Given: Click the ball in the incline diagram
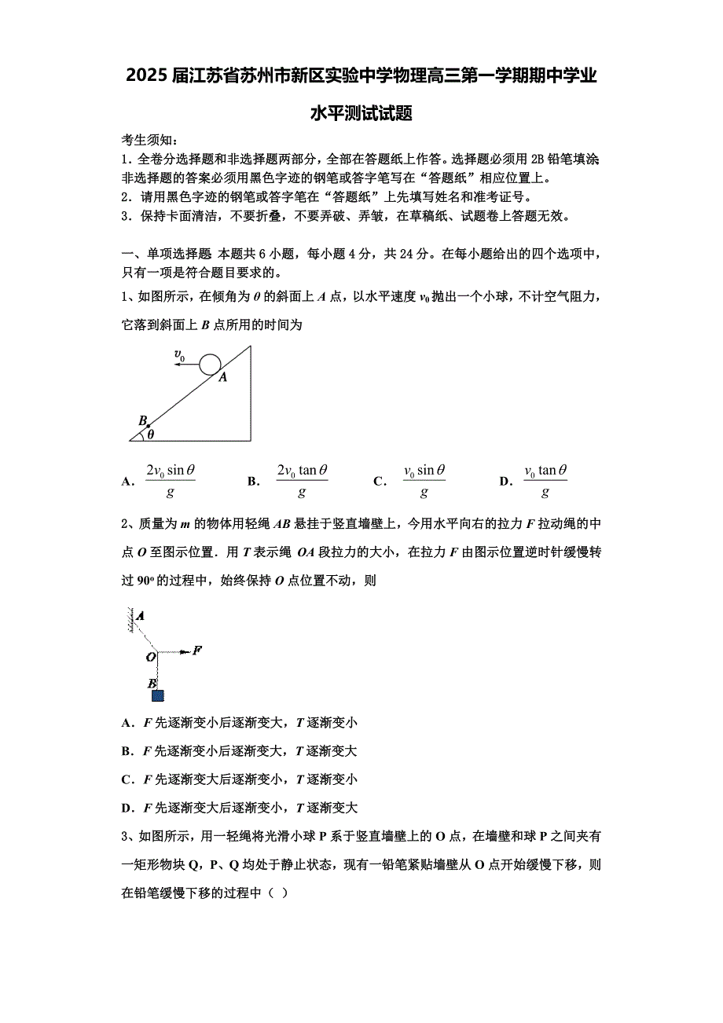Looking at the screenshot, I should coord(210,364).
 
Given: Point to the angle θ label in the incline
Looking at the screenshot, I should coord(151,433).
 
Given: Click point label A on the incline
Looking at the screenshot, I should coord(222,378).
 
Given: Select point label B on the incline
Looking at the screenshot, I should coord(142,420).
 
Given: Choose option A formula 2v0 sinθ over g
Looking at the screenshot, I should coord(171,481).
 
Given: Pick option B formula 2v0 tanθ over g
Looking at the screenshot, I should coord(302,481).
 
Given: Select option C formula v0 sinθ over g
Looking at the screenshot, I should coord(424,481).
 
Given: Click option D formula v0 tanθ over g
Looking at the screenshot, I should coord(545,481).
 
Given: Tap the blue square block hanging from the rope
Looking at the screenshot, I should coord(158,695).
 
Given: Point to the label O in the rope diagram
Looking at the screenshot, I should coord(149,657).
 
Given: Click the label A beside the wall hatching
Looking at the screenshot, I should coord(141,617).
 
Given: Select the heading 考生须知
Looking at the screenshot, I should coord(149,141).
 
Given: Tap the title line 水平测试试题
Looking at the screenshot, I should coord(361,114).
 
